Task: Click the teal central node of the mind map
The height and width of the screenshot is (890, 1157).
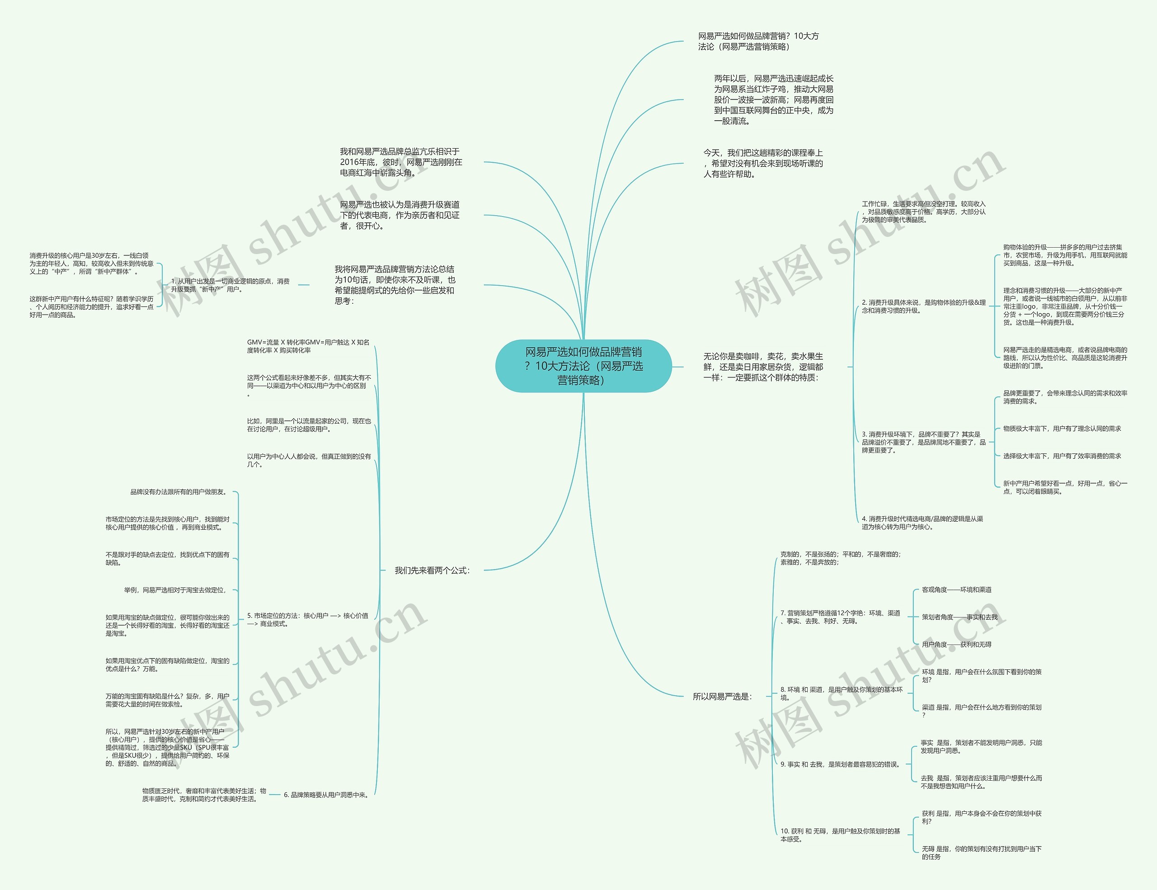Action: pyautogui.click(x=583, y=366)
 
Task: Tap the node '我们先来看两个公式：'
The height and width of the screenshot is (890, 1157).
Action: pyautogui.click(x=432, y=570)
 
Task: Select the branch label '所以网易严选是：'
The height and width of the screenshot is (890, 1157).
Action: pyautogui.click(x=722, y=697)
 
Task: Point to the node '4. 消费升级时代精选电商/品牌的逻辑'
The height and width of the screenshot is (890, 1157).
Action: pyautogui.click(x=922, y=523)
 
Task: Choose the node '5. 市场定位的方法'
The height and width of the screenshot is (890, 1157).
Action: pyautogui.click(x=307, y=620)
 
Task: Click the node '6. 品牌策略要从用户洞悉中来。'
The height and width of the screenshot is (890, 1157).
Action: pyautogui.click(x=326, y=795)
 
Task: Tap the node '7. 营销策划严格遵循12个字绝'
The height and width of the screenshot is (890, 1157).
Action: pyautogui.click(x=840, y=617)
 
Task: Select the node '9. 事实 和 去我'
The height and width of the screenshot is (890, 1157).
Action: pyautogui.click(x=840, y=764)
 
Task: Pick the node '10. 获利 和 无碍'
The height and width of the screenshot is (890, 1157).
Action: pyautogui.click(x=840, y=835)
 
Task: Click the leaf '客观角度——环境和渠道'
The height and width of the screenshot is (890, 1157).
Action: pyautogui.click(x=957, y=589)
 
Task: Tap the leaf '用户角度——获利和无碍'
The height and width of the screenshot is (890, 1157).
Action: pyautogui.click(x=956, y=645)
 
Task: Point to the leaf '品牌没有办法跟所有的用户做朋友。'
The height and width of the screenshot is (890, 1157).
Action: pyautogui.click(x=179, y=492)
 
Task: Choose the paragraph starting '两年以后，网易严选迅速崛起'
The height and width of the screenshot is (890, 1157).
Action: pyautogui.click(x=773, y=99)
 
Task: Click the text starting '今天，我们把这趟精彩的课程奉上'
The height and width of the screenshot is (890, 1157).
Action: pyautogui.click(x=763, y=163)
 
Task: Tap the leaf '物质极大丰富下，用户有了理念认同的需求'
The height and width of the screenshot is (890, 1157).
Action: pyautogui.click(x=1062, y=429)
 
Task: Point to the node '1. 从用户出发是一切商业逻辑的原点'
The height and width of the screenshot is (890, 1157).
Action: pyautogui.click(x=230, y=285)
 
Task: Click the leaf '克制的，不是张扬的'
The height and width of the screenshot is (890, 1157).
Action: pyautogui.click(x=840, y=558)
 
